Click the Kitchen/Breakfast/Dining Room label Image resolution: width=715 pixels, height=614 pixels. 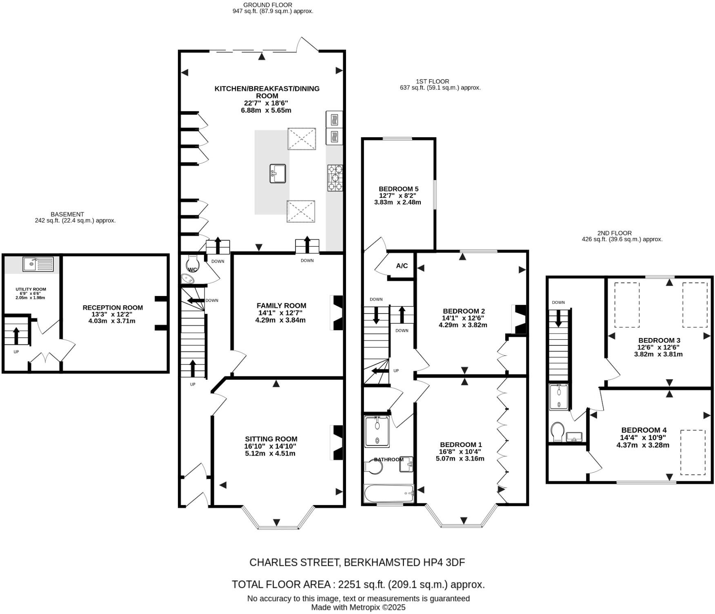[x=267, y=92]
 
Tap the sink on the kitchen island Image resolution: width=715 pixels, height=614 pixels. [x=278, y=174]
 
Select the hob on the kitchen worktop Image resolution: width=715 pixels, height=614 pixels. [x=335, y=178]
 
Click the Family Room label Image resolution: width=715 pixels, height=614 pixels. [x=281, y=305]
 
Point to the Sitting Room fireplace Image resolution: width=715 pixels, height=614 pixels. [x=337, y=443]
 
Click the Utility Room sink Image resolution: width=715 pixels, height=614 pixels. [x=38, y=264]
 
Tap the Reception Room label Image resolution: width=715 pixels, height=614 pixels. [x=113, y=307]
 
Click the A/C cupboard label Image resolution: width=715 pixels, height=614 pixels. [x=402, y=266]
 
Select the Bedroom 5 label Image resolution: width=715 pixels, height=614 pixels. [x=398, y=189]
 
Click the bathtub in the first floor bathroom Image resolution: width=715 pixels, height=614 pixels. [x=389, y=494]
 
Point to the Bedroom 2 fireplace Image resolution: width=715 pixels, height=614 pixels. [x=520, y=319]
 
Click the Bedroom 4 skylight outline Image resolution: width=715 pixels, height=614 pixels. [x=693, y=452]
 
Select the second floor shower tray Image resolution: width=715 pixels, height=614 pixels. [x=558, y=397]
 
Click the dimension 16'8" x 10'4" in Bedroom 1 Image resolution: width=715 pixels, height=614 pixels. [x=461, y=452]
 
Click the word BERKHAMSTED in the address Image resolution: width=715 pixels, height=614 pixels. [x=380, y=562]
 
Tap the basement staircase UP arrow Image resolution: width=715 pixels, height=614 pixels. [x=16, y=336]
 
